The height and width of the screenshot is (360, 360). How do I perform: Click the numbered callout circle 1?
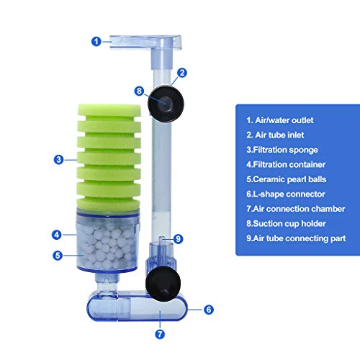click(96, 41)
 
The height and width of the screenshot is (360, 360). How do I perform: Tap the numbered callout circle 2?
click(182, 72)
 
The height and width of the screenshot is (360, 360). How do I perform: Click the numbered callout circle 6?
click(208, 310)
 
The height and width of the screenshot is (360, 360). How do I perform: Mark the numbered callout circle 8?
click(141, 90)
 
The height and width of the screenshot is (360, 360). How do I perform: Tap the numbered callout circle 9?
click(179, 239)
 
